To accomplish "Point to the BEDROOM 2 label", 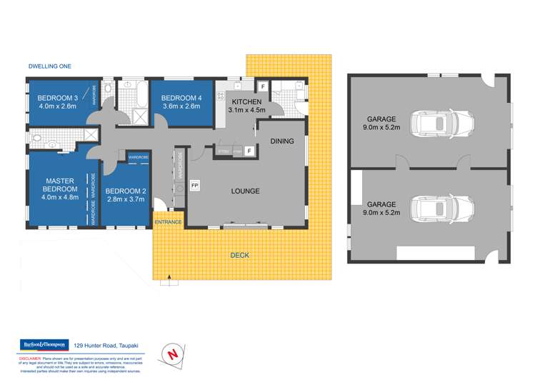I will coord(126,191).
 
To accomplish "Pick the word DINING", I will coord(282,141).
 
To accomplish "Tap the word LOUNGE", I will coord(244,191).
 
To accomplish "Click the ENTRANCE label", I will coord(169,222).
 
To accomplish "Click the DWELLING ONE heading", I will coord(49,66).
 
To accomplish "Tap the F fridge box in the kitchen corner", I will coord(263,86).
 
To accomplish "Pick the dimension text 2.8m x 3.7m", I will coord(126,199).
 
